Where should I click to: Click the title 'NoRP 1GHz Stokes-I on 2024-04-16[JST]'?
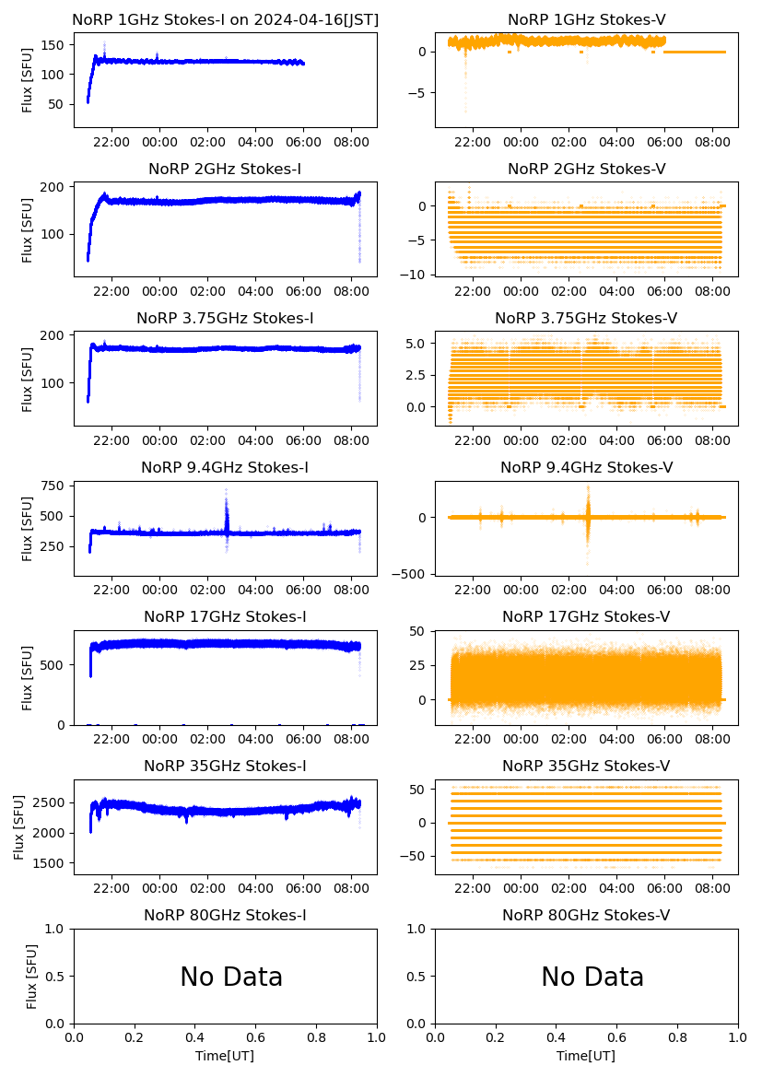point(225,19)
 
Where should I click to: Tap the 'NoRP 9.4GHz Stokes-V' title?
point(586,467)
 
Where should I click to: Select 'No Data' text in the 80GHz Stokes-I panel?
point(231,977)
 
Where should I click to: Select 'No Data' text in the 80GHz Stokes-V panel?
point(592,977)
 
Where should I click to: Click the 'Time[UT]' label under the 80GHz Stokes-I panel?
point(225,1056)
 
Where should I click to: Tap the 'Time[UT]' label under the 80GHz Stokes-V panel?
point(586,1056)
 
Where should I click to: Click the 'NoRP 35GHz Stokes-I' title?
point(225,766)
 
